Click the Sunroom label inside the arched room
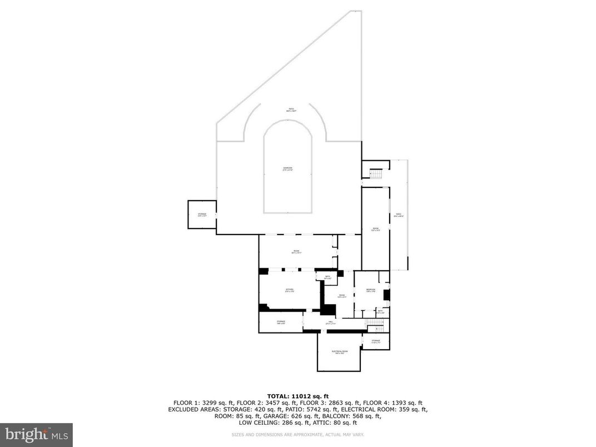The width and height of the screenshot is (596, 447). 287,168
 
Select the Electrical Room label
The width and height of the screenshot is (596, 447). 340,352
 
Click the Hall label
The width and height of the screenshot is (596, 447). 330,322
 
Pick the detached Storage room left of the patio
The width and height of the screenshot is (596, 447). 201,214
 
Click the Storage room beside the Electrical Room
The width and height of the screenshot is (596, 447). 376,341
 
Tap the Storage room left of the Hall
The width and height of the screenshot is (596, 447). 281,322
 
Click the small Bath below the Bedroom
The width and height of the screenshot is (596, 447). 380,312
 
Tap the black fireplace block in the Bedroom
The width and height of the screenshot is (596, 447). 387,295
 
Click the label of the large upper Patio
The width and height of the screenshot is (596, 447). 290,110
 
